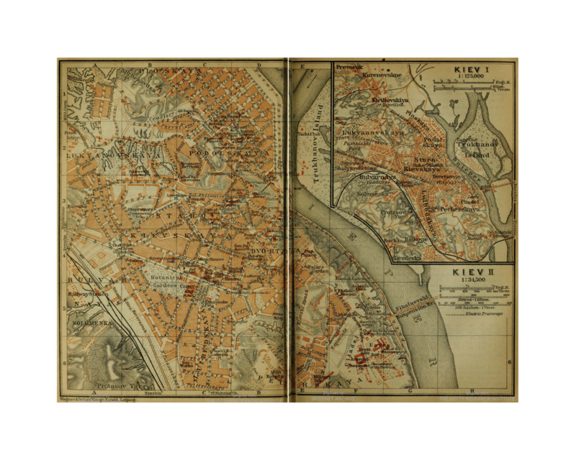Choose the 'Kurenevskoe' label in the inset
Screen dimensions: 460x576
(x=382, y=74)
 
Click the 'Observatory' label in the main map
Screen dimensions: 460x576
(x=141, y=209)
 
